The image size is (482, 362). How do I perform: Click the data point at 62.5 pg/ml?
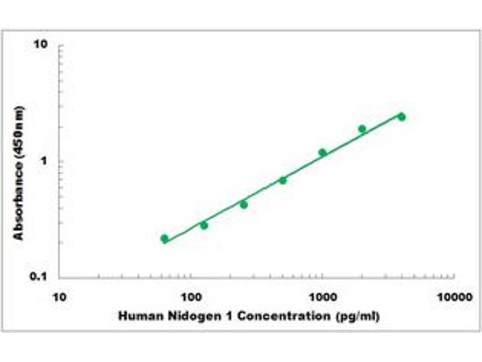[x=164, y=238]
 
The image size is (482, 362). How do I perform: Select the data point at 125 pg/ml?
[x=204, y=225]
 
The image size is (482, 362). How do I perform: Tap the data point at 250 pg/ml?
[x=243, y=205]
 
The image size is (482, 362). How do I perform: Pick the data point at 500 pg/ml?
[x=283, y=180]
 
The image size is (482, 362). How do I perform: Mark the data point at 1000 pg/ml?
[x=322, y=153]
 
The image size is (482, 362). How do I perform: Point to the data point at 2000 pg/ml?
[x=362, y=129]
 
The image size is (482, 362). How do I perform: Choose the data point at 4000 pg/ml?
[x=401, y=116]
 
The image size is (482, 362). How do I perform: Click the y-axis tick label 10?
[x=41, y=45]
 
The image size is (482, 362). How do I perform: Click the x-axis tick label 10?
[x=59, y=297]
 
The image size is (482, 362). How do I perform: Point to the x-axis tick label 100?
[x=190, y=297]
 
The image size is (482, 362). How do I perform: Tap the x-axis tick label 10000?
[x=454, y=297]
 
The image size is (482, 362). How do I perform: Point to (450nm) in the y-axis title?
[x=19, y=136]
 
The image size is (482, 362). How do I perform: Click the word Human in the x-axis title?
[x=136, y=316]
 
